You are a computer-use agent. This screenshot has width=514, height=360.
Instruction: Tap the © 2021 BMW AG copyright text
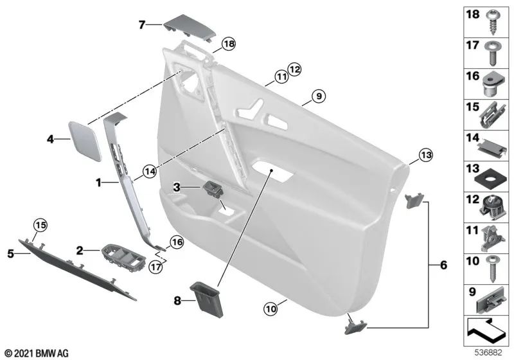36,353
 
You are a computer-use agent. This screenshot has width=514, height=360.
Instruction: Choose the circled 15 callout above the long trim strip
40,225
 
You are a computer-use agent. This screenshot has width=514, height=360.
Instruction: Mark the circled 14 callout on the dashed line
149,172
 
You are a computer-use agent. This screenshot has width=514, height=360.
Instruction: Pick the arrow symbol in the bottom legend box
487,332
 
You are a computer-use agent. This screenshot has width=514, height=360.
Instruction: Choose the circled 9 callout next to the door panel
318,97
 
